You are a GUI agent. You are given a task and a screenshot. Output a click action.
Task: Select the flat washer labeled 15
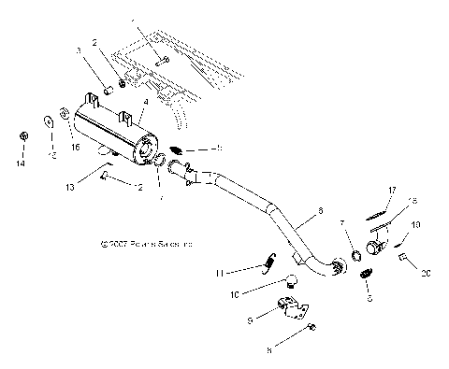[46, 121]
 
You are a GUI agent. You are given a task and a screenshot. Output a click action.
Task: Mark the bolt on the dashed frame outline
[164, 60]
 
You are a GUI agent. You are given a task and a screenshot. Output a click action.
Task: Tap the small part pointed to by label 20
[404, 257]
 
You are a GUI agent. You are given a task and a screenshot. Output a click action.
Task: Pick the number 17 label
[393, 190]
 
